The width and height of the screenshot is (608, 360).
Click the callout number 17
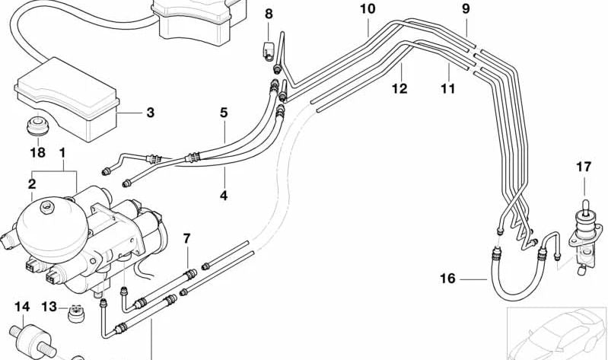point(584,165)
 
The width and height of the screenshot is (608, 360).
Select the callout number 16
point(447,279)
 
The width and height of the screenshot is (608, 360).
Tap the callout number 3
point(150,113)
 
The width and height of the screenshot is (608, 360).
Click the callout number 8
point(268,14)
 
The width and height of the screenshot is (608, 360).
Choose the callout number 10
point(368,10)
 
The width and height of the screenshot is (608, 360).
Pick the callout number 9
point(466,10)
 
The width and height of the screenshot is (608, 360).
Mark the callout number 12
point(399,89)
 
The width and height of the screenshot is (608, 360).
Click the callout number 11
point(447,89)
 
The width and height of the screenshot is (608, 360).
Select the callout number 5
point(224,113)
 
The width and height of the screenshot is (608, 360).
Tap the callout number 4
point(224,196)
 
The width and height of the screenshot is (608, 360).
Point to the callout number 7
point(186,239)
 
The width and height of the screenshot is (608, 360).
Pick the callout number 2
point(32,183)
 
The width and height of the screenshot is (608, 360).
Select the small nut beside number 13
point(75,312)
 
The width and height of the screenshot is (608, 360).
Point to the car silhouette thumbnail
point(559,335)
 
